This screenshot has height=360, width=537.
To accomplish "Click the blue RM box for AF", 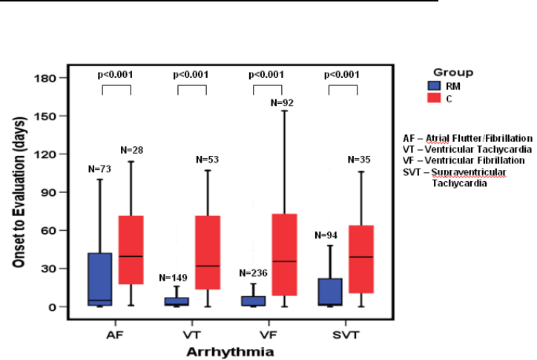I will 99,279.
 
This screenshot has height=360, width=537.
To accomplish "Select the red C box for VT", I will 207,252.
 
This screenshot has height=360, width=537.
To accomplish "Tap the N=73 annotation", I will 99,170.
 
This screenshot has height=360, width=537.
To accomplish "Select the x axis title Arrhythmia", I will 226,350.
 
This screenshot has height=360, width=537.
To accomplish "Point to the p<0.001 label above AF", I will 116,74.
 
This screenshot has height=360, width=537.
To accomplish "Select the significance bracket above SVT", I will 343,88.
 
